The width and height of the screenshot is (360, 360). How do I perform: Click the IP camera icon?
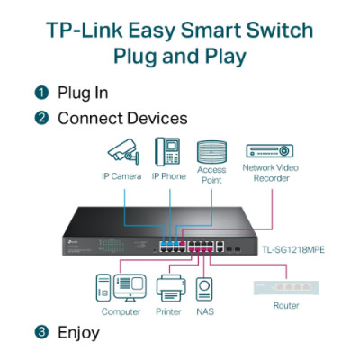[121, 150]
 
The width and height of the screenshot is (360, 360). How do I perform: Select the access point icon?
[211, 150]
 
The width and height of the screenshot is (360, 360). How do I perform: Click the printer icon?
[169, 288]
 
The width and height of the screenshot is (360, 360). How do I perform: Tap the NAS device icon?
[206, 288]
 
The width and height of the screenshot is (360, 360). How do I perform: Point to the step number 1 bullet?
[41, 94]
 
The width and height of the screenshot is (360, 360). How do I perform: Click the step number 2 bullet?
[41, 119]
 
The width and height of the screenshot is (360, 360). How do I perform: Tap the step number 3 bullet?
[41, 332]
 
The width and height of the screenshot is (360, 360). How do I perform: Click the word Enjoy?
[78, 332]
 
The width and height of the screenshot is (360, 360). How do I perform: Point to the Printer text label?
[169, 311]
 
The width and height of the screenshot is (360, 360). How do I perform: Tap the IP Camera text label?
[122, 175]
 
